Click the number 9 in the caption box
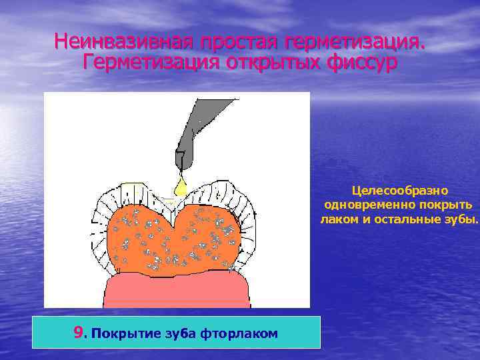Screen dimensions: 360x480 pos(79,332)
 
